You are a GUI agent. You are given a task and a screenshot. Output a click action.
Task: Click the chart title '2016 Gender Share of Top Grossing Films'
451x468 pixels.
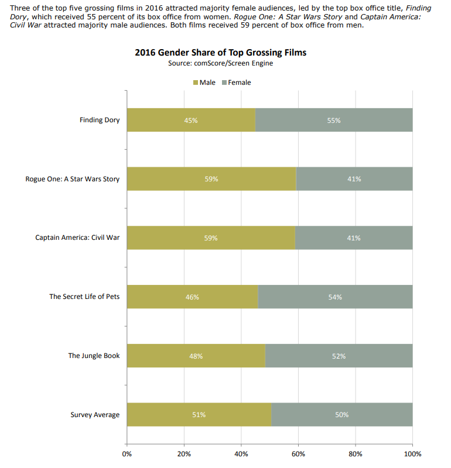coord(220,53)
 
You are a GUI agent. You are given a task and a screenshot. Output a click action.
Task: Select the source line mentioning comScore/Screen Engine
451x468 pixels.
coord(220,63)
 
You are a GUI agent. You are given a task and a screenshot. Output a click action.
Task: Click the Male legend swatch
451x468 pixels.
coord(196,82)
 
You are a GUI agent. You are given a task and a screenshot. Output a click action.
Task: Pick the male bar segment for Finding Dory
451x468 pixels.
coord(191,120)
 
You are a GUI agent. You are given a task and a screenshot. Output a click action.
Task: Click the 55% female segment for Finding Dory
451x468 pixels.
coord(334,120)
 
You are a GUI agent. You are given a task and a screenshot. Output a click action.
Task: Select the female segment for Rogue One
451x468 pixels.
coord(354,179)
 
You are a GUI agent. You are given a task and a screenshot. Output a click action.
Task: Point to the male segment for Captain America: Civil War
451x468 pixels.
coord(211,238)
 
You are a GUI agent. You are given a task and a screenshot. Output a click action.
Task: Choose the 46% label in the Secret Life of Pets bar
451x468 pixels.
coord(192,297)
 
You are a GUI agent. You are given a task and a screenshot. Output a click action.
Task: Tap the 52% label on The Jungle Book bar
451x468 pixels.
coord(339,356)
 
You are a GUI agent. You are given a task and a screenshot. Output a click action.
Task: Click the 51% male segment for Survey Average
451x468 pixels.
coord(199,415)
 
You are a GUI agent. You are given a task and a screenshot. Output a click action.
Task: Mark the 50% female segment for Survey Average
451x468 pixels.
coord(342,415)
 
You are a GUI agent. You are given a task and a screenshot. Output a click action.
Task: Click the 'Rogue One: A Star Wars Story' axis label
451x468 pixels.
coord(73,179)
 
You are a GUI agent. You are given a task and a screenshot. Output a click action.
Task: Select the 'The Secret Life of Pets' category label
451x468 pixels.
coord(84,297)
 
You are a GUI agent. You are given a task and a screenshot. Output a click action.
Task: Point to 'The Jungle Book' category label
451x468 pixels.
coord(94,356)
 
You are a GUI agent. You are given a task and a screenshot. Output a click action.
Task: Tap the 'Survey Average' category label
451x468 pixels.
coord(95,415)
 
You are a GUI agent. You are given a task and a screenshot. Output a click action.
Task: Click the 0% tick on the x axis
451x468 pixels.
coord(127,453)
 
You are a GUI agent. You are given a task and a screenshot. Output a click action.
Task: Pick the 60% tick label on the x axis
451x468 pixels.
coord(298,453)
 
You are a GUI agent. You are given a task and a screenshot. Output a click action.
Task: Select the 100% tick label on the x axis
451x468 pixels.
coord(412,453)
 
